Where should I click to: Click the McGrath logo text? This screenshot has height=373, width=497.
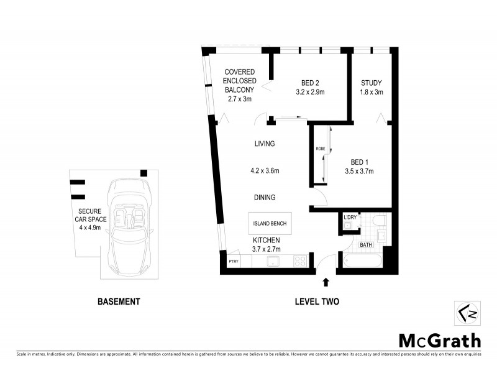[x=439, y=340]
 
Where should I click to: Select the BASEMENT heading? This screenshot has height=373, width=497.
[x=119, y=302]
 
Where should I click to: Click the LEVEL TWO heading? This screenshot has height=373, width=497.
[x=317, y=302]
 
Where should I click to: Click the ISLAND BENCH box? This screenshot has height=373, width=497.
[x=269, y=223]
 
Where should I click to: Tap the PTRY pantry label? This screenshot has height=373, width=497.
[x=234, y=261]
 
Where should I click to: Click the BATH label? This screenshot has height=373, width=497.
[x=367, y=245]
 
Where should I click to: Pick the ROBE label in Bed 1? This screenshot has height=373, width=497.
[x=321, y=149]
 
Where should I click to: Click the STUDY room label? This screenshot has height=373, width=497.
[x=372, y=83]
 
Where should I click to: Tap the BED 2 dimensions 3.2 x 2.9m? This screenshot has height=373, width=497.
[x=311, y=92]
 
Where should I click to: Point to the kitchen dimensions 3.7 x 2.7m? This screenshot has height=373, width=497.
[x=267, y=249]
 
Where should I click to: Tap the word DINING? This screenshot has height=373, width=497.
[x=265, y=198]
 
